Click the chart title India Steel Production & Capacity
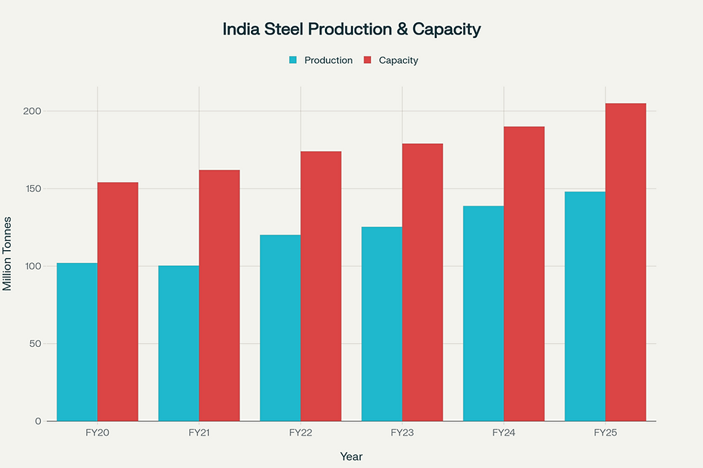coord(351,29)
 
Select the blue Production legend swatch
coord(293,60)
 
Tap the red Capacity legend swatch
coord(367,60)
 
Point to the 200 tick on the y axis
coord(34,111)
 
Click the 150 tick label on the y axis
coord(34,188)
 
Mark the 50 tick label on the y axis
coord(36,343)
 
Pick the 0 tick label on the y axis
coord(38,421)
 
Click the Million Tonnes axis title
coord(8,253)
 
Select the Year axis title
coord(351,456)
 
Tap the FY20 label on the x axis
coord(98,433)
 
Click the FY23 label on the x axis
coord(402,433)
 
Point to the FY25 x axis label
coord(605,433)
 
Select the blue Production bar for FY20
coord(77,342)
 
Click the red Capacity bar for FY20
coord(118,302)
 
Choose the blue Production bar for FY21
coord(179,343)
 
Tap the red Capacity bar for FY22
coord(321,286)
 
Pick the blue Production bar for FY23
coord(382,324)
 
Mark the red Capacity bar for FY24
coord(524,274)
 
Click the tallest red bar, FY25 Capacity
coord(626,262)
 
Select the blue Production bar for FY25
coord(585,306)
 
